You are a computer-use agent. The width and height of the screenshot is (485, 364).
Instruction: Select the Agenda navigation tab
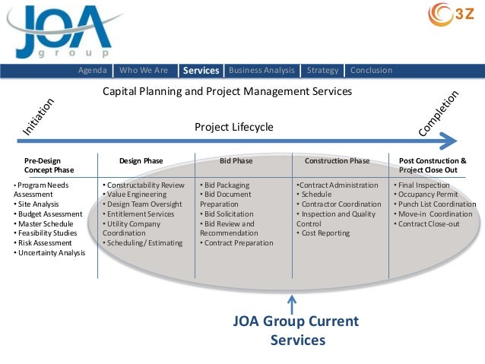tap(94, 71)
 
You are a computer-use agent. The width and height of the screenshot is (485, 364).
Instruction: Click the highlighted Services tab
tap(201, 71)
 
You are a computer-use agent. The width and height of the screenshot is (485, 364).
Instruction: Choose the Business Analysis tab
tap(262, 71)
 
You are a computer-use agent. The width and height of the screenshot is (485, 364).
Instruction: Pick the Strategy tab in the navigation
tap(322, 71)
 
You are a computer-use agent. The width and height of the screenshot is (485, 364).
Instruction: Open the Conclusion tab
tap(371, 71)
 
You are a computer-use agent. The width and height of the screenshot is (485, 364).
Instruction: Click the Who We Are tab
tap(144, 71)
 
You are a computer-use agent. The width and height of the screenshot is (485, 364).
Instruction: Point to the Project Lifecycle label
tap(233, 127)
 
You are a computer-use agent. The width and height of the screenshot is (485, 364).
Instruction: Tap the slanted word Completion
tap(439, 114)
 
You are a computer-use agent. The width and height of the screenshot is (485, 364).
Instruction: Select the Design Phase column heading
tap(141, 161)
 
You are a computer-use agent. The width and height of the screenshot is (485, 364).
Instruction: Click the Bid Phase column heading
tap(236, 161)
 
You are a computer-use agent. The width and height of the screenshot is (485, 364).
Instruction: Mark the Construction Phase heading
tap(337, 161)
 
